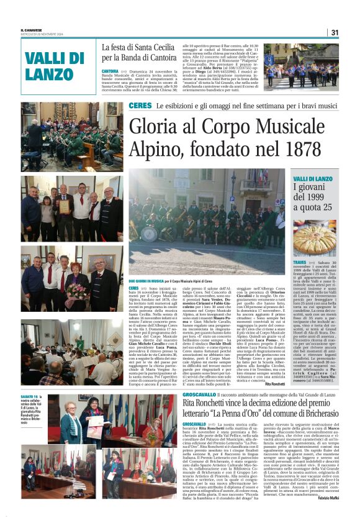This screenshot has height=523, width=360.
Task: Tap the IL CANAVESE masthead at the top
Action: pos(32,29)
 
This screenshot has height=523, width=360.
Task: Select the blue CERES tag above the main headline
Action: pos(140,106)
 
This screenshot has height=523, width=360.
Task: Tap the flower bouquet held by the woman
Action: pos(77,289)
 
